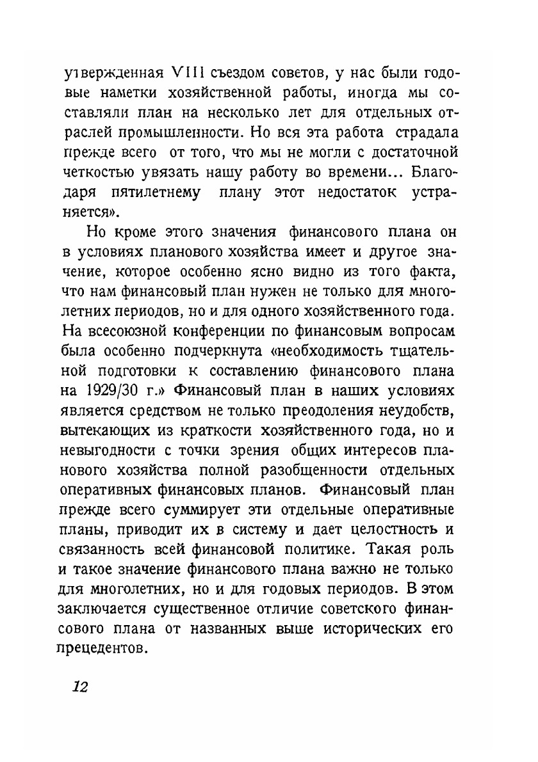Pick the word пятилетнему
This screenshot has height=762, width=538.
coord(151,191)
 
